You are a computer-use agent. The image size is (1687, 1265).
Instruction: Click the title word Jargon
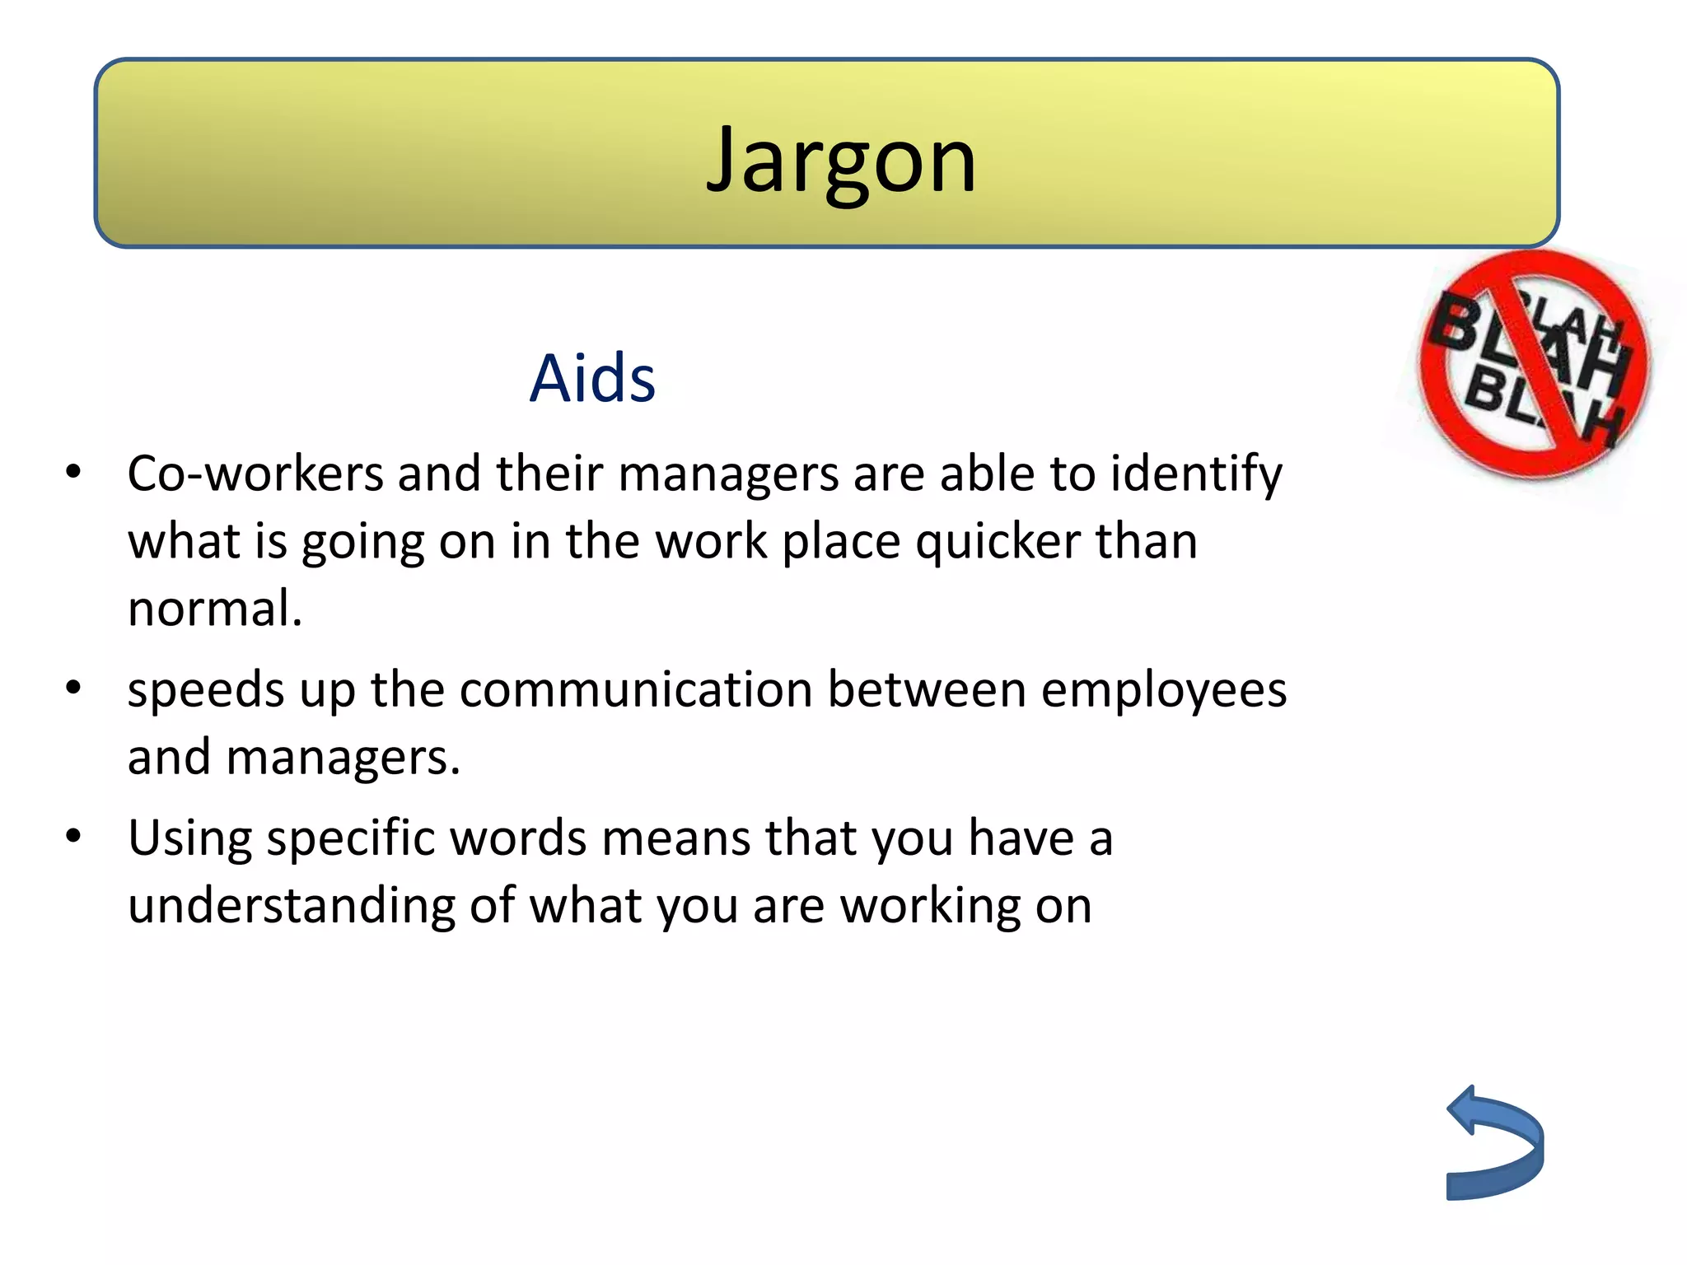(841, 161)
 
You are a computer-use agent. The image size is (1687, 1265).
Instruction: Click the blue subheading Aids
(592, 378)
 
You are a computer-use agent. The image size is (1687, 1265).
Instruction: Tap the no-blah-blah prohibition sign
(1533, 365)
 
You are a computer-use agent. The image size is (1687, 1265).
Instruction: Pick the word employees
(1163, 690)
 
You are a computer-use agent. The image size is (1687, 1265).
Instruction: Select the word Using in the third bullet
(190, 839)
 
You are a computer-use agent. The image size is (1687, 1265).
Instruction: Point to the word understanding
(291, 907)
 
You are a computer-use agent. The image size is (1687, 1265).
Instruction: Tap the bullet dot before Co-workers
(74, 472)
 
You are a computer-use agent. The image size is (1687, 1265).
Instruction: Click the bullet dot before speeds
(74, 687)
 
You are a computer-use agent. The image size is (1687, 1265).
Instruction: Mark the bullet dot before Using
(74, 836)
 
